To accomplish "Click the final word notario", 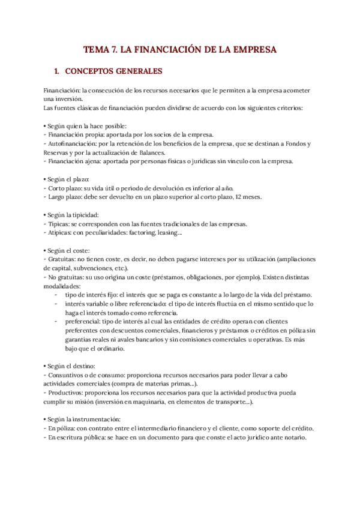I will [x=294, y=438].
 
